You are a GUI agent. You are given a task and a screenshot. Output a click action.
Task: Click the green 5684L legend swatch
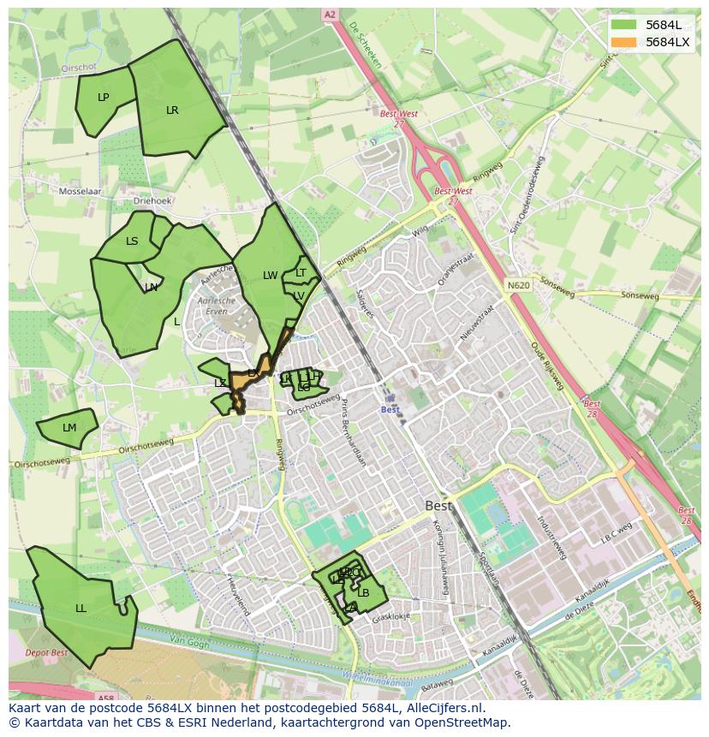624,25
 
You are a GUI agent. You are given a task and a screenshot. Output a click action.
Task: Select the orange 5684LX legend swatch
624,42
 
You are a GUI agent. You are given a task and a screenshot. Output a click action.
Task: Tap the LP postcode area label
104,97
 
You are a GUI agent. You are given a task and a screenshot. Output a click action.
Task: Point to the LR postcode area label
172,110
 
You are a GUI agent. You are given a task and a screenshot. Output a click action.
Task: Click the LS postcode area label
132,241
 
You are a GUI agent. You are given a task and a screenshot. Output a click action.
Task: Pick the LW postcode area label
271,276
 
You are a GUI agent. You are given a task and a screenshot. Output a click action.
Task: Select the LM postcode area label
69,427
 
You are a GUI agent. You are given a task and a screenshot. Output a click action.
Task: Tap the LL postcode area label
80,609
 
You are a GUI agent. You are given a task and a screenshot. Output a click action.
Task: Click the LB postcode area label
363,592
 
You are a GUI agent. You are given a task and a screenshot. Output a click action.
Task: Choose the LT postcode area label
301,273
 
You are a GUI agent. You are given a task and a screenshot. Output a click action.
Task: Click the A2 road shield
330,15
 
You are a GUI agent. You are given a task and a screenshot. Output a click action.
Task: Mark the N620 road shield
517,285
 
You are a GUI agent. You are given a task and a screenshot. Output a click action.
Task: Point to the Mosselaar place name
80,192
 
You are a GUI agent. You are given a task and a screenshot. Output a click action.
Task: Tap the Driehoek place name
153,201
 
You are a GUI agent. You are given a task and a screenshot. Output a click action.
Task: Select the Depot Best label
46,652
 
